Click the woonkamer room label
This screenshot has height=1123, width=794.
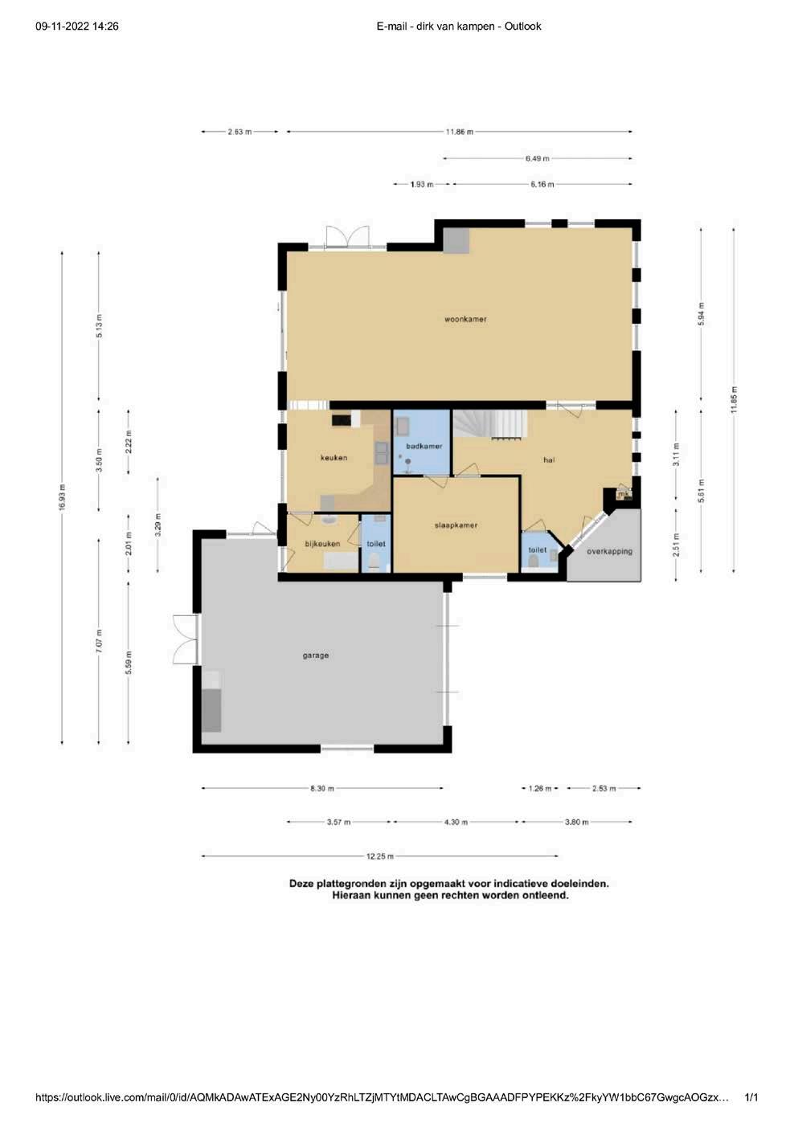pos(465,319)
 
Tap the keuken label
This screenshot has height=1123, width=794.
pos(334,457)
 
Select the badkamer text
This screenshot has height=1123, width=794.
pos(424,446)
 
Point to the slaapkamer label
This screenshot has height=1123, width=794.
pos(456,525)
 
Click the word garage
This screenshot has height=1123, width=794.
pos(316,655)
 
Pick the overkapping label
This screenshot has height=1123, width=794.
pos(609,551)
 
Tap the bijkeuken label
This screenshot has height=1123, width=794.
pos(322,544)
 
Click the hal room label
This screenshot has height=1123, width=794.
pos(549,459)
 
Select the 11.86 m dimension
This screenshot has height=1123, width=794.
pos(459,132)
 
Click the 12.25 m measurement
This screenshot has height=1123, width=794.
pos(379,856)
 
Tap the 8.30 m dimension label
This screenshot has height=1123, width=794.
pos(322,788)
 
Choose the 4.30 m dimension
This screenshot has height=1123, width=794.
pos(456,822)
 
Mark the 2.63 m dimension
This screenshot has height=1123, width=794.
pos(239,132)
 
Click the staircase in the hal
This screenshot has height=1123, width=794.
pos(490,425)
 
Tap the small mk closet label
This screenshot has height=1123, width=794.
pos(624,494)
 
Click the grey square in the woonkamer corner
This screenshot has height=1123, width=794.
pos(456,240)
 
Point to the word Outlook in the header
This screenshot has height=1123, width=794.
pos(522,26)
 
